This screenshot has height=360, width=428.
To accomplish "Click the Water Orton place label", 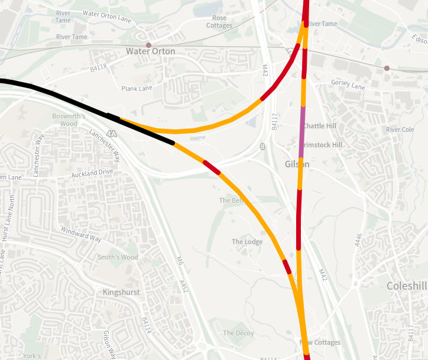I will pos(151,51).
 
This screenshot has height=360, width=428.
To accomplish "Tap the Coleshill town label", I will pos(407,286).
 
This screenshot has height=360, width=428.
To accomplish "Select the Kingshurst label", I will pos(120,293).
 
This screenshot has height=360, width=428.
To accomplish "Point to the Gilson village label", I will pos(297,164).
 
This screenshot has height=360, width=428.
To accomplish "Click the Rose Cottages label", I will pos(219,22).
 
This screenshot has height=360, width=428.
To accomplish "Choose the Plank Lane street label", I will pos(137,89).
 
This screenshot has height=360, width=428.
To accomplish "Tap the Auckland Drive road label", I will pos(92,173).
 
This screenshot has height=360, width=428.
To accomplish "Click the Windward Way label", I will pos(82,235).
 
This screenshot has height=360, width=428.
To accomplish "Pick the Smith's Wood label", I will pos(118,257).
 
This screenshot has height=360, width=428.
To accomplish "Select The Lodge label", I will pos(247,242).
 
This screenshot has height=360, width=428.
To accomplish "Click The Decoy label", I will pos(238,333).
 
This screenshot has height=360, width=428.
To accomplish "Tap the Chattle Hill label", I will pos(319,126).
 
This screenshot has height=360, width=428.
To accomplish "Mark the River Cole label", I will pos(400,129).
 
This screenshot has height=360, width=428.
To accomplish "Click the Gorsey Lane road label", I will pos(348,85).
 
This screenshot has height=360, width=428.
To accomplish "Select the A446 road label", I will pos(358,239).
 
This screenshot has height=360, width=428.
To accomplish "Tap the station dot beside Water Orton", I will pos(148,45).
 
